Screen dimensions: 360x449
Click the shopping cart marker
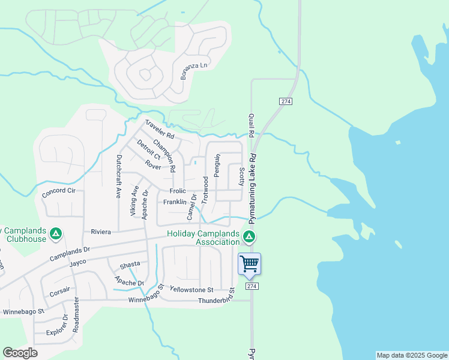(249, 263)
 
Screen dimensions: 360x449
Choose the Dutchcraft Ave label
(119, 177)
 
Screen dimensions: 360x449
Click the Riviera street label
(101, 232)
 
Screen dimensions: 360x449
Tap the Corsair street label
(60, 289)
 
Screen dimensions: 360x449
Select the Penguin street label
(218, 166)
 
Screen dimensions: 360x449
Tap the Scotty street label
(241, 176)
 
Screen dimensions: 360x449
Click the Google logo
(20, 353)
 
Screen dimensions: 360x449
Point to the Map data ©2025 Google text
(412, 355)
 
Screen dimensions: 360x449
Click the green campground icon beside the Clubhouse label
(56, 233)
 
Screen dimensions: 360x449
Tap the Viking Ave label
(134, 200)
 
